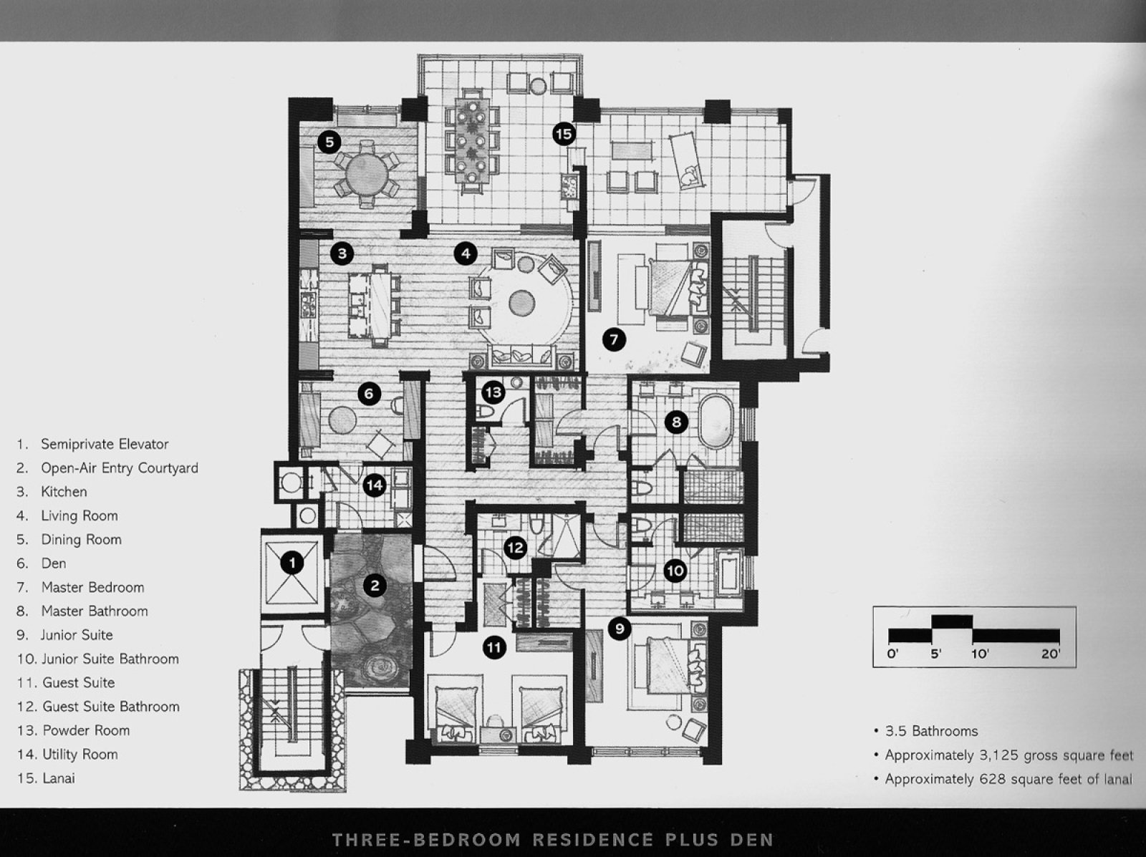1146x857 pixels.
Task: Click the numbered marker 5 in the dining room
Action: tap(329, 142)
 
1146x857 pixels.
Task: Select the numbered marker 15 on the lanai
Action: tap(564, 134)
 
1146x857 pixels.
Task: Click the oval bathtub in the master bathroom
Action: tap(717, 421)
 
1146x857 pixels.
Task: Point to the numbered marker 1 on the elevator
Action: tap(292, 563)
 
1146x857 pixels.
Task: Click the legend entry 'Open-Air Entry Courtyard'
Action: tap(120, 468)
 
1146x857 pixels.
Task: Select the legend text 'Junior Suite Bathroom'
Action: tap(111, 659)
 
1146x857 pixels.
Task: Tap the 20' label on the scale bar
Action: tap(1050, 653)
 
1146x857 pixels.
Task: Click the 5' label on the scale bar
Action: tap(935, 653)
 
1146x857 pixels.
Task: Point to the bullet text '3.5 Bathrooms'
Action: tap(931, 731)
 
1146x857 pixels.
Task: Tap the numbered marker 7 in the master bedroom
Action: tap(614, 340)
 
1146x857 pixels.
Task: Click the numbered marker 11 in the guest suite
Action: tap(494, 648)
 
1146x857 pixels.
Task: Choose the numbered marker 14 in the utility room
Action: tap(375, 486)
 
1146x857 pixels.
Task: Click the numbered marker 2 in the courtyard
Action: tap(375, 586)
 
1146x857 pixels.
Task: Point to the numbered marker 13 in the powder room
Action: tap(493, 392)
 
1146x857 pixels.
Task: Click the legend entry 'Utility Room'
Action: tap(80, 754)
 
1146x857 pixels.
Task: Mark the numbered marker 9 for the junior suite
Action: tap(620, 629)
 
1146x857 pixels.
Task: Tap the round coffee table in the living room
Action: tap(521, 303)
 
